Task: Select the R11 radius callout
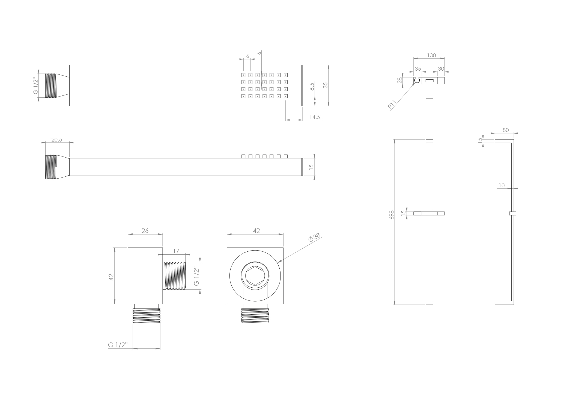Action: tap(392, 104)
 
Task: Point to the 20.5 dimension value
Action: tap(57, 140)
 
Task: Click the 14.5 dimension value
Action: tap(315, 117)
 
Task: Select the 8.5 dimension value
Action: tap(312, 87)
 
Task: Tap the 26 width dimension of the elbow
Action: tap(145, 231)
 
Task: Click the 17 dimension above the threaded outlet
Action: tap(176, 251)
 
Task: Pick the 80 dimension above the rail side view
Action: tap(506, 130)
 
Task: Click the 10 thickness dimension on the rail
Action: tap(502, 185)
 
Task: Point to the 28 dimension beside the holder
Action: tap(399, 80)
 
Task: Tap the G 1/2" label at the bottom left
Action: tap(118, 345)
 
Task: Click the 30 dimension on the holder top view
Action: tap(441, 69)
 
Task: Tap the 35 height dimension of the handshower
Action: tap(325, 85)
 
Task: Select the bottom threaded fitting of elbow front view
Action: tap(255, 316)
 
